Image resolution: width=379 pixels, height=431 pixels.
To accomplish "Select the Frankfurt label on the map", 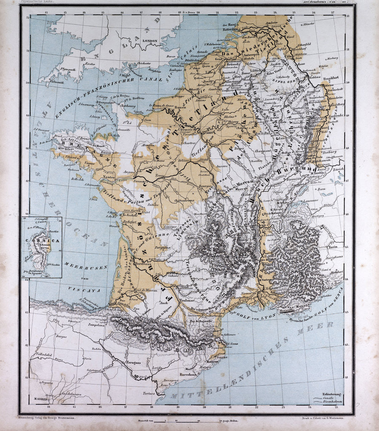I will coord(332,77).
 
